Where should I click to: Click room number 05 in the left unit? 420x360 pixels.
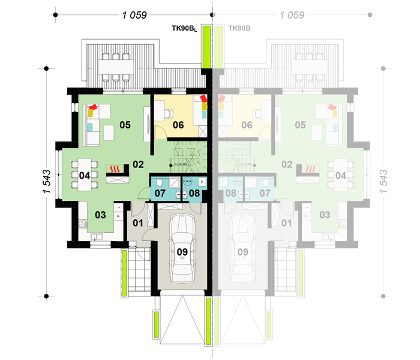coord(125,125)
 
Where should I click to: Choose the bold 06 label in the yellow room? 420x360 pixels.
coord(178,125)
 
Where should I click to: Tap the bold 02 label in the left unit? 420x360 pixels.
coord(139,164)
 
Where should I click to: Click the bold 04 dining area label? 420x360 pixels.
coord(84,176)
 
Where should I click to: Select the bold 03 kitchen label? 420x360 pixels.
coord(100,214)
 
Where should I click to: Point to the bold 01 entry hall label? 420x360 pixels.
coord(137,223)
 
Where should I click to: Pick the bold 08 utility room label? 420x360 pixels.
coord(194,193)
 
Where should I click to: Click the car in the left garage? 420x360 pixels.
coord(182,247)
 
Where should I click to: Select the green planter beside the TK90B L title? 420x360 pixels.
coord(205,46)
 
